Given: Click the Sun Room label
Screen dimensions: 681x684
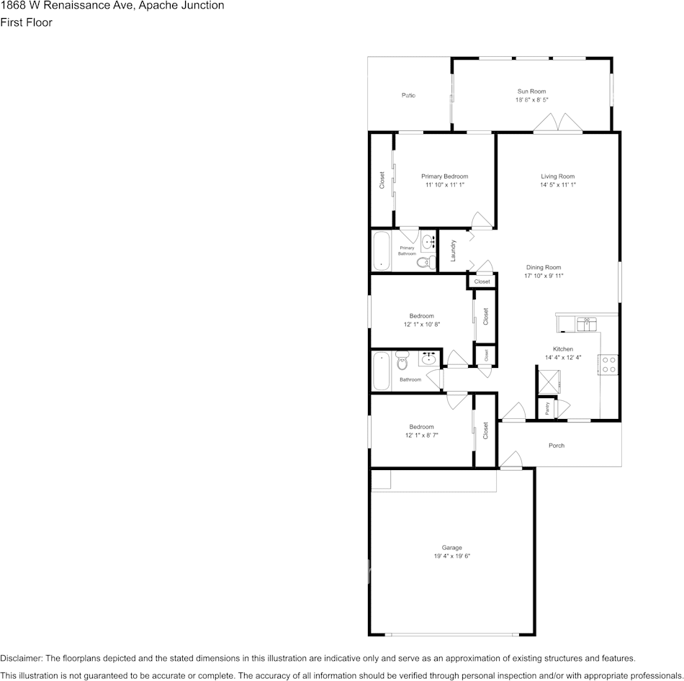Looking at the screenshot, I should tap(531, 91).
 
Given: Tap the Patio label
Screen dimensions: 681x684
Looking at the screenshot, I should tap(408, 95).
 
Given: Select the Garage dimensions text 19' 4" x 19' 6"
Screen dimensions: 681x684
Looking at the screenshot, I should tap(452, 556).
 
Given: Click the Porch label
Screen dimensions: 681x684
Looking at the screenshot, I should tap(557, 446).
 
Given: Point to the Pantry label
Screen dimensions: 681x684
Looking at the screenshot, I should tap(548, 408).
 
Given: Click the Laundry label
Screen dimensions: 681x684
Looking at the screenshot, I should tap(453, 250).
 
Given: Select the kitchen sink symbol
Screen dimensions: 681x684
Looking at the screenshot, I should tap(586, 323).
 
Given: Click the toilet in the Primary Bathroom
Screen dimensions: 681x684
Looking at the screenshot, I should tap(428, 261).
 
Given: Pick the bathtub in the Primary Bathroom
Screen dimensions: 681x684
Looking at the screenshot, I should tap(381, 251).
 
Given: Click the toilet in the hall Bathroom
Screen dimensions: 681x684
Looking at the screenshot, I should tap(402, 359).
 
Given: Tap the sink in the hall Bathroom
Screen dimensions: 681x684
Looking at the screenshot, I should tap(430, 358).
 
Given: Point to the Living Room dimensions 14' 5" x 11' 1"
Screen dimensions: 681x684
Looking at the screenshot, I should tap(558, 185).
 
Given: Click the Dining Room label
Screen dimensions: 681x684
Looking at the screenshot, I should tap(544, 267).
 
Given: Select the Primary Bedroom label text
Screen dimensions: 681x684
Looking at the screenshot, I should tap(444, 176).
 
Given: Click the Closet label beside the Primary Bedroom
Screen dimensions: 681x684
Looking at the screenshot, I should tap(382, 180).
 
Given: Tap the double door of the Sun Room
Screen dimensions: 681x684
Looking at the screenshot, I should tap(558, 124).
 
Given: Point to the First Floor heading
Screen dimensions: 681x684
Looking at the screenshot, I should tap(27, 22).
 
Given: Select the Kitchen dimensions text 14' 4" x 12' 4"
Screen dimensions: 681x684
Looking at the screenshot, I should tap(563, 358).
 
